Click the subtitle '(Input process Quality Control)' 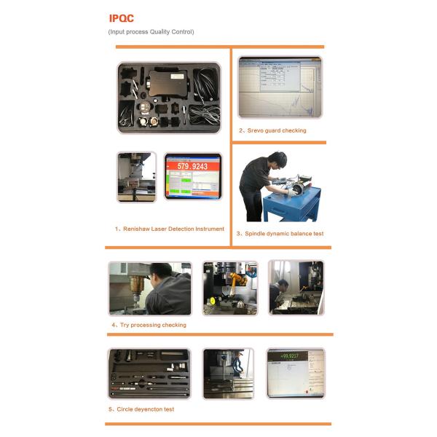click(151, 32)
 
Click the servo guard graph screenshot click(280, 87)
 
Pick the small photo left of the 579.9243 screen click(136, 177)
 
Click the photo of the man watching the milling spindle click(150, 288)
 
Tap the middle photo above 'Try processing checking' click(229, 288)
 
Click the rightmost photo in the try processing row click(296, 288)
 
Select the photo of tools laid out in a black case click(149, 373)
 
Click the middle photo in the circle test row click(228, 373)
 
